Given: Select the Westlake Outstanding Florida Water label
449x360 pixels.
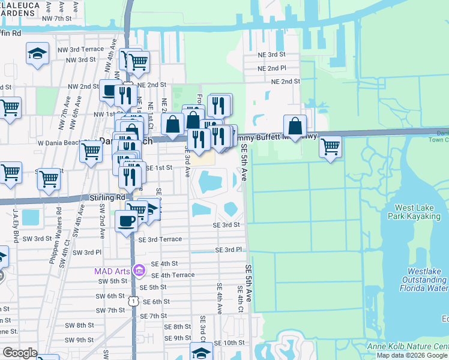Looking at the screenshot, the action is click(424, 280).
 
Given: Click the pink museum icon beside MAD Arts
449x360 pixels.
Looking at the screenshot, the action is click(139, 271).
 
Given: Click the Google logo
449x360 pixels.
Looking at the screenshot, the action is click(20, 353).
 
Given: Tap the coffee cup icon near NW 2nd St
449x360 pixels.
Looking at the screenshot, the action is click(109, 91).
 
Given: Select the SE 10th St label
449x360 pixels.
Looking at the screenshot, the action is click(228, 343).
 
